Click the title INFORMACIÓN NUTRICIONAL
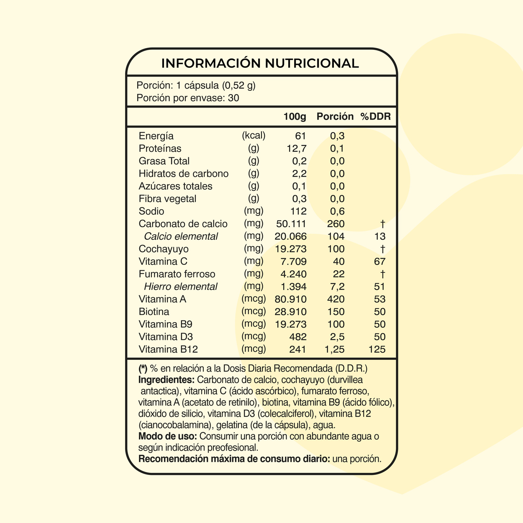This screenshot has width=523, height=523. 260,63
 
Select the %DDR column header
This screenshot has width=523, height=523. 375,117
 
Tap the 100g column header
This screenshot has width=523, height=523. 295,117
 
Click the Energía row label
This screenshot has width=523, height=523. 156,136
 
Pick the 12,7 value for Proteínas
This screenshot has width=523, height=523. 297,149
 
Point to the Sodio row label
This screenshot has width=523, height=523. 151,211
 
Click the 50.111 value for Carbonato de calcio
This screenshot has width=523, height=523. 291,224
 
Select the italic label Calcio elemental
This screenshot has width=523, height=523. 181,236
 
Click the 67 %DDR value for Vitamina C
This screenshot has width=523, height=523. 380,261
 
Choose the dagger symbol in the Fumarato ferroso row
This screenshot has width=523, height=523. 382,274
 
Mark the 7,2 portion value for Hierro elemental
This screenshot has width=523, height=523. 337,287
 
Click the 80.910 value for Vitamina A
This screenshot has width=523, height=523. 291,299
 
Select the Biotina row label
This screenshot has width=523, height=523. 154,312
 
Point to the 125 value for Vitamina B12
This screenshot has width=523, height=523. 377,349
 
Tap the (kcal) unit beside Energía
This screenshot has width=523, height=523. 254,136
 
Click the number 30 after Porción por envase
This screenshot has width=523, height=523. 234,98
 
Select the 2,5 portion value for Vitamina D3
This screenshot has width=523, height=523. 337,337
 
